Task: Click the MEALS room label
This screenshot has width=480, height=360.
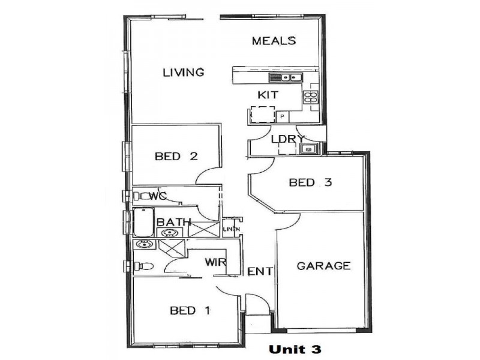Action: coord(274,41)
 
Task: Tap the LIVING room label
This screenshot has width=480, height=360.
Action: coord(184,73)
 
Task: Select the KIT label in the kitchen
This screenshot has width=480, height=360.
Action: coord(267,95)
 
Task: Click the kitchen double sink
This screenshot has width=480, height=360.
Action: coord(278,77)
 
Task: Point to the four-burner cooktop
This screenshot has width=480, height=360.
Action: coord(310,97)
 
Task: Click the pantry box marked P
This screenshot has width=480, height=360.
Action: coord(282,116)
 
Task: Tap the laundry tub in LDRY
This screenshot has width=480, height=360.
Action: coord(310,149)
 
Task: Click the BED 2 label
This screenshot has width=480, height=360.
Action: coord(176,157)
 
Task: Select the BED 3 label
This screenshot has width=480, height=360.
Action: coord(310,182)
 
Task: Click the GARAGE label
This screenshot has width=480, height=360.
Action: coord(323,265)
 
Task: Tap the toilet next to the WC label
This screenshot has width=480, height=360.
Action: coord(142,196)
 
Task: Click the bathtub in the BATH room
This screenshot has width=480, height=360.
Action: coord(144,223)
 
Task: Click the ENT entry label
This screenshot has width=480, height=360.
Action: coord(260,272)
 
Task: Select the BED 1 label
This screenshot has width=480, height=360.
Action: coord(190,310)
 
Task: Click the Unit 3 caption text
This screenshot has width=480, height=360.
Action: coord(295,349)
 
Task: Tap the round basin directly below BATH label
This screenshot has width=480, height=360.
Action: coord(169,233)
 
